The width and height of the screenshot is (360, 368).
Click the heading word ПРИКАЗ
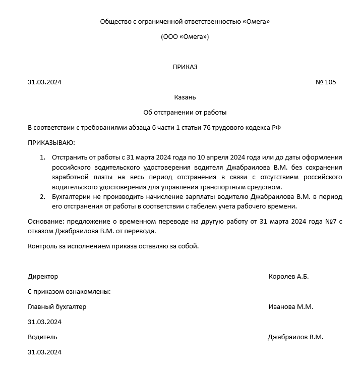pos(185,67)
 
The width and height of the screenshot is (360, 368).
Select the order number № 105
pos(325,82)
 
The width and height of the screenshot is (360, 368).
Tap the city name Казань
pos(185,97)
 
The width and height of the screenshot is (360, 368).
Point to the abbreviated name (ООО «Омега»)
pos(185,37)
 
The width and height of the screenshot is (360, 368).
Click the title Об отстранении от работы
pos(185,112)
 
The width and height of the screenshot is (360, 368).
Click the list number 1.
pos(42,158)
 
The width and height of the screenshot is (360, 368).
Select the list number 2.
pos(42,196)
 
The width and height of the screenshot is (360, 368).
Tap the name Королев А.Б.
pos(288,277)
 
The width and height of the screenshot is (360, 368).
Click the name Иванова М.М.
pos(291,306)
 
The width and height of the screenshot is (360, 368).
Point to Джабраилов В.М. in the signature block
pos(295,337)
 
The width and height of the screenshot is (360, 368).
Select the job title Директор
pos(43,277)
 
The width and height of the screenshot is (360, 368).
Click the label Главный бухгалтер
pos(57,306)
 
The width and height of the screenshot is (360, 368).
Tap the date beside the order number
pos(44,82)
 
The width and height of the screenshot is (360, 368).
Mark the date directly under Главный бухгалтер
pos(44,322)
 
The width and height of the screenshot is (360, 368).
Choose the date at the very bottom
pos(44,352)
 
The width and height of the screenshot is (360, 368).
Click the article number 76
pos(207,128)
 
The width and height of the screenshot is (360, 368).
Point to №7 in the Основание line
pos(328,222)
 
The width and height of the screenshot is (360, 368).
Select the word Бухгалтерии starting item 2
pos(71,196)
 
